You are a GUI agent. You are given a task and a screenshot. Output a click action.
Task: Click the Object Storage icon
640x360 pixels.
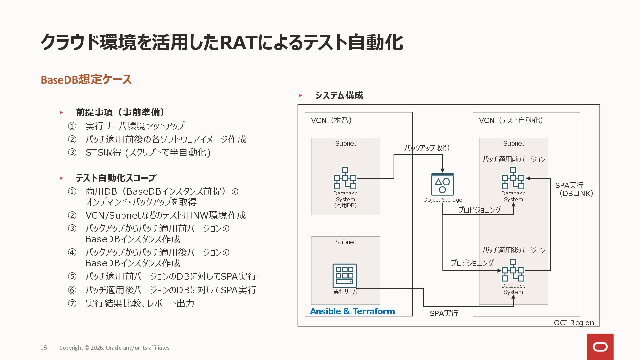coord(442,184)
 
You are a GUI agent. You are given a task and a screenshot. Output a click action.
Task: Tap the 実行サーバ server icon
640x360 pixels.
coord(345,276)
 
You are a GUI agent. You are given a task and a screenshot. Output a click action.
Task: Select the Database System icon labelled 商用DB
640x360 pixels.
coord(345,178)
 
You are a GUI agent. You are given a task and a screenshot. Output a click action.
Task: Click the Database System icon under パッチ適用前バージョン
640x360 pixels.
coord(513,178)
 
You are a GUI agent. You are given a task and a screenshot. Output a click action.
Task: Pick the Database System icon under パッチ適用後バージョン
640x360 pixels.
coord(513,271)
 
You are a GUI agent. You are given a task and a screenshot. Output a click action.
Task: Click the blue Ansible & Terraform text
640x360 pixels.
coord(352,311)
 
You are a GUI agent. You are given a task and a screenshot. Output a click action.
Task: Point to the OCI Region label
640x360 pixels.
coord(574,323)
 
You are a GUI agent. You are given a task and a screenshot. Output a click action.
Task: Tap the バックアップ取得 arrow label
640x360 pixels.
coord(427,148)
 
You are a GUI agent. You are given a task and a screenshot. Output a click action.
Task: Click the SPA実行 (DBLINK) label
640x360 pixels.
coord(574,189)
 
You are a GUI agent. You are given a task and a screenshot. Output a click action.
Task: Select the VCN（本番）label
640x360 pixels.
coord(331,120)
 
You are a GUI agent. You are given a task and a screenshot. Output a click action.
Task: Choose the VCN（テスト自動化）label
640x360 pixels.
coord(511,120)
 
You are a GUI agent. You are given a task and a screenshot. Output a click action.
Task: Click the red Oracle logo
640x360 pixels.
coord(600,347)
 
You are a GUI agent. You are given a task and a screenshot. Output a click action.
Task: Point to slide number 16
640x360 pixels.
coord(44,348)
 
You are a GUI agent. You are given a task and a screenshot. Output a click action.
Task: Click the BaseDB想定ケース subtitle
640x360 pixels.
coord(86,80)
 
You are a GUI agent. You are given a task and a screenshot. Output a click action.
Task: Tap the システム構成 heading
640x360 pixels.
coord(339,96)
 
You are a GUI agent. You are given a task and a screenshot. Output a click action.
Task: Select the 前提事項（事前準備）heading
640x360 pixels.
coord(120,112)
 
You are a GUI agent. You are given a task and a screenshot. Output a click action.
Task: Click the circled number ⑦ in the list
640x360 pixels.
coord(72,303)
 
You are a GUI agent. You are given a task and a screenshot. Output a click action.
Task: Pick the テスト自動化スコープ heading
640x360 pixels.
coord(116,178)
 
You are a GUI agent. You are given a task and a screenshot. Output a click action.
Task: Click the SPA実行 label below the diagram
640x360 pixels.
coord(444,313)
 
